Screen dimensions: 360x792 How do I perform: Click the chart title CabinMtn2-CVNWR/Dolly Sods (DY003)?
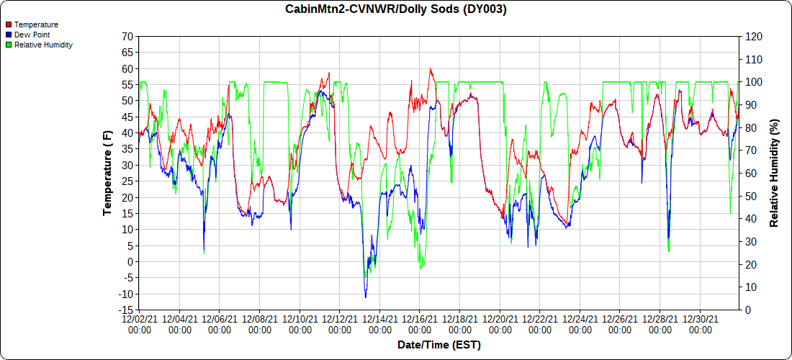pyautogui.click(x=396, y=9)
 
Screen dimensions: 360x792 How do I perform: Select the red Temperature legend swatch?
pyautogui.click(x=9, y=24)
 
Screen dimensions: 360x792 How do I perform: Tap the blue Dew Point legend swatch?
pyautogui.click(x=9, y=35)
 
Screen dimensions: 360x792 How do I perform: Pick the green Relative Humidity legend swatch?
pyautogui.click(x=9, y=45)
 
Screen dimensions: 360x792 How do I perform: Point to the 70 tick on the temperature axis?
pyautogui.click(x=127, y=37)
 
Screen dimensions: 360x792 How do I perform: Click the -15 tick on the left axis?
pyautogui.click(x=125, y=310)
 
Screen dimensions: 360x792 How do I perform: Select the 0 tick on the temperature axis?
pyautogui.click(x=130, y=262)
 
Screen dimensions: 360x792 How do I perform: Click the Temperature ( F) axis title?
pyautogui.click(x=107, y=173)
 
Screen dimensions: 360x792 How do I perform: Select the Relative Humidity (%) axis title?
pyautogui.click(x=775, y=173)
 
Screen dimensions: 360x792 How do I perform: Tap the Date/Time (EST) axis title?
pyautogui.click(x=439, y=345)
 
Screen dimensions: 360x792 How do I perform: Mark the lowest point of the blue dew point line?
pyautogui.click(x=366, y=297)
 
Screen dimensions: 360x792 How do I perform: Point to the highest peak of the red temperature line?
pyautogui.click(x=431, y=69)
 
